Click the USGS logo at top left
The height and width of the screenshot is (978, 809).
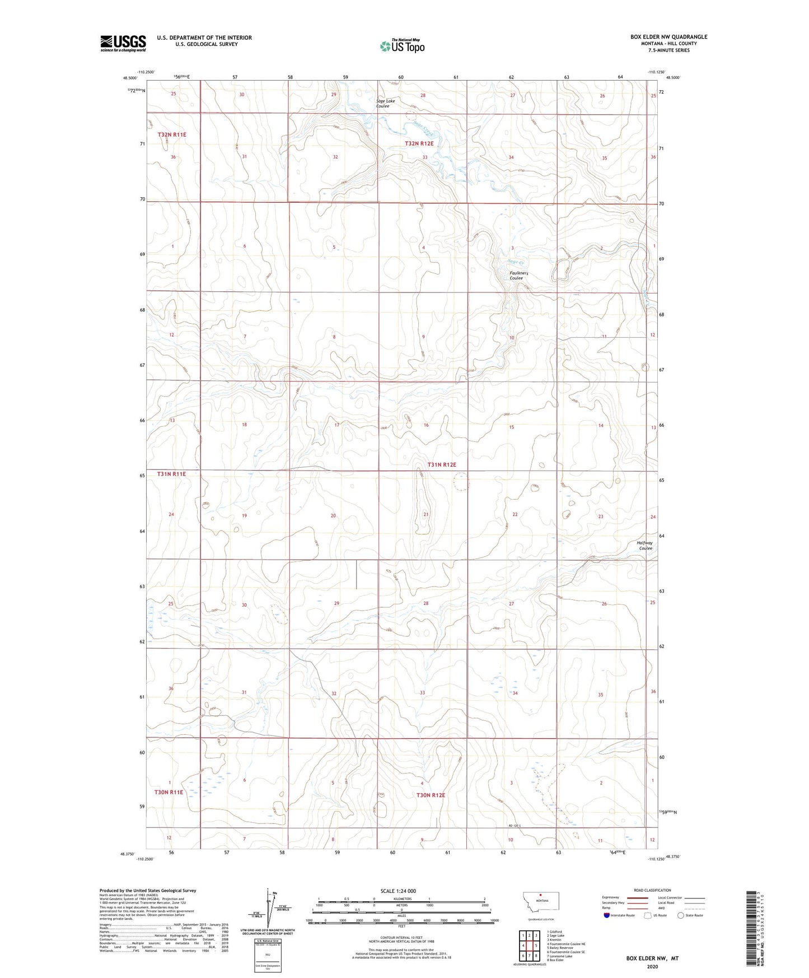(x=123, y=43)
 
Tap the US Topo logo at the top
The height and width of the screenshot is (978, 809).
(x=401, y=46)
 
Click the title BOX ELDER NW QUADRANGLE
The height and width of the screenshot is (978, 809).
(x=668, y=37)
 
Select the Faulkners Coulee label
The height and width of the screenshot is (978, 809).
(x=516, y=276)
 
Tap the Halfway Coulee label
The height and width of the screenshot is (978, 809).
(x=645, y=546)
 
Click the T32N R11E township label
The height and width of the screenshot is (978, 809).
(x=171, y=135)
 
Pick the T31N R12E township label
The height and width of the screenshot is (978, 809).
(x=442, y=465)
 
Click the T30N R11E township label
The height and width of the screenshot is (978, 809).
(x=169, y=793)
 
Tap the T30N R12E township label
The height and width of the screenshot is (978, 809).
(x=431, y=795)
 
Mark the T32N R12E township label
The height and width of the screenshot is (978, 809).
(x=419, y=143)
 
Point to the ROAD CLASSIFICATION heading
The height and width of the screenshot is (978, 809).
(x=652, y=890)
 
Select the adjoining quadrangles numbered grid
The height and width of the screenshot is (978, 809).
(x=529, y=947)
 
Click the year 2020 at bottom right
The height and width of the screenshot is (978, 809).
(x=652, y=966)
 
